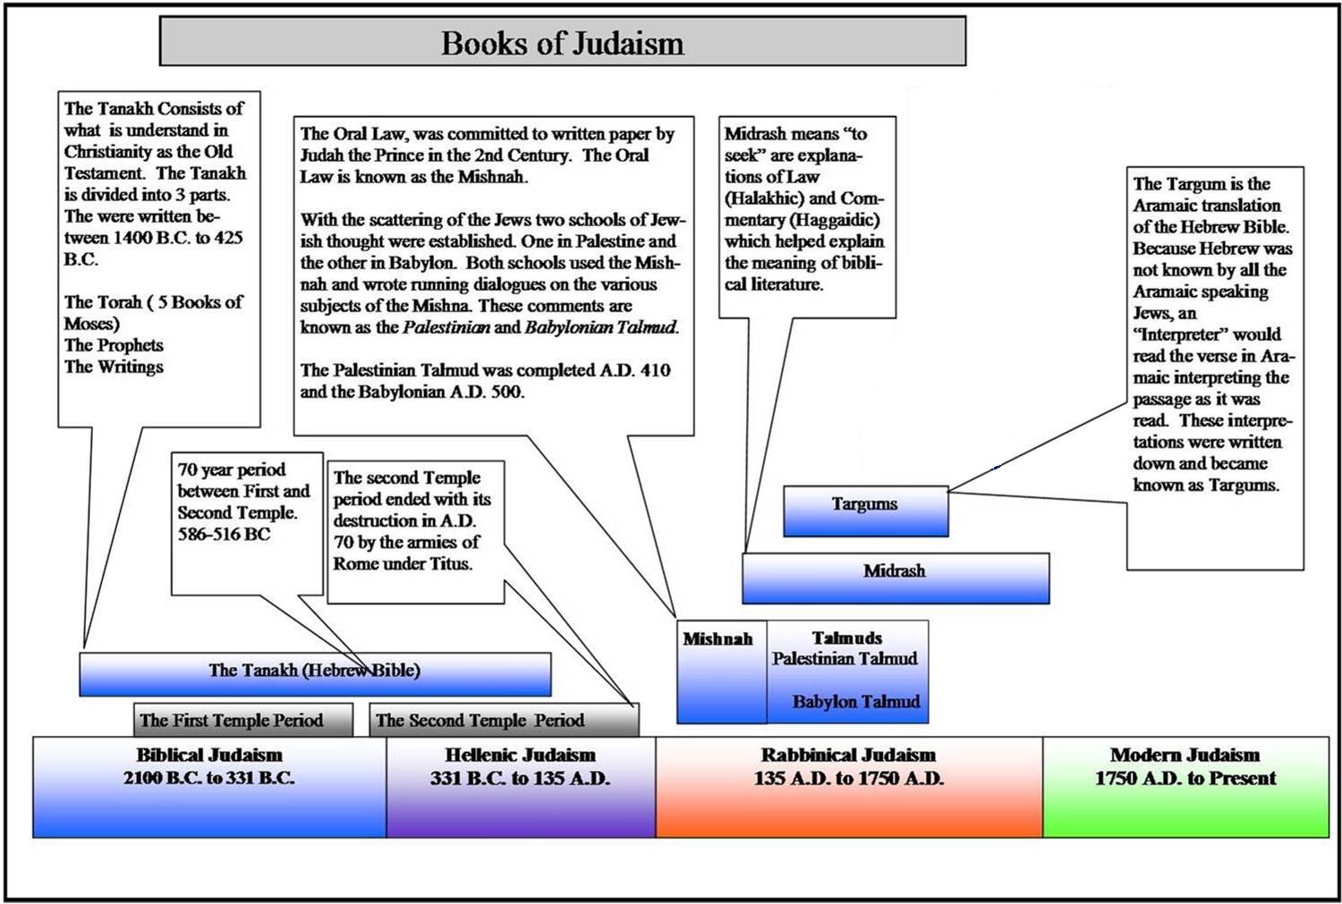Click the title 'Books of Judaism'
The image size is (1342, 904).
[x=562, y=42]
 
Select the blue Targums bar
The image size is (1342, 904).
[x=865, y=511]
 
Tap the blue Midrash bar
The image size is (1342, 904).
[x=895, y=578]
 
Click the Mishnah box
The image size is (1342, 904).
[x=720, y=671]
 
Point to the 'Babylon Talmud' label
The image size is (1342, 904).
[x=855, y=702]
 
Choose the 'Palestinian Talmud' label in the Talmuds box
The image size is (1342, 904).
[x=845, y=659]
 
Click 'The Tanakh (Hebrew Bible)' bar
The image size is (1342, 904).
[x=314, y=673]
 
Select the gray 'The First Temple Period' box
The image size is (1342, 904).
[x=231, y=721]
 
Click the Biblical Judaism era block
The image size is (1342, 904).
[x=209, y=787]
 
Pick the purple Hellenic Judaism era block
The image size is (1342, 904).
[x=521, y=787]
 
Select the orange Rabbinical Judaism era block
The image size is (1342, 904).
[x=848, y=787]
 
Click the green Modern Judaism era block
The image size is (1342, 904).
[x=1185, y=787]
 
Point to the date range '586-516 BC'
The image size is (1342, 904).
[x=224, y=535]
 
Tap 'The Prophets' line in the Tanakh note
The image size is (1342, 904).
[x=114, y=345]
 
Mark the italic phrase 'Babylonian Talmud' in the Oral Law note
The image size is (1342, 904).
[x=601, y=327]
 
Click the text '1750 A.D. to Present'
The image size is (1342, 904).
[x=1185, y=778]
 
